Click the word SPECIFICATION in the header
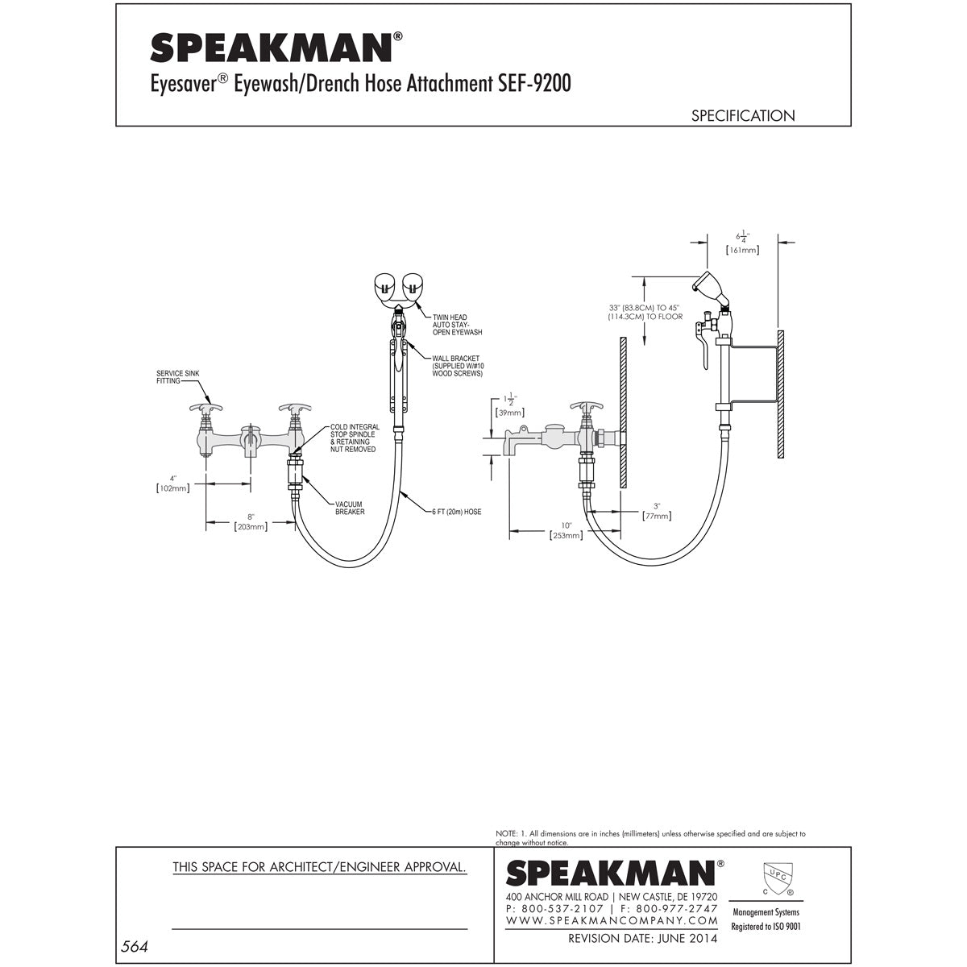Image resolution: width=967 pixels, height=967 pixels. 742,116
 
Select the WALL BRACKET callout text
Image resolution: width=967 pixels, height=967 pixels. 457,366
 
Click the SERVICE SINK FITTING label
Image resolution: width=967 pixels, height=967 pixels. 177,377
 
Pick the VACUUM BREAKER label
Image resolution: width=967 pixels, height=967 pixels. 351,508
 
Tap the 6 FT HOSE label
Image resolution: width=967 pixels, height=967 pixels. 455,512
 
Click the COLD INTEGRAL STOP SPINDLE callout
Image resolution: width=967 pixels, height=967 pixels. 351,437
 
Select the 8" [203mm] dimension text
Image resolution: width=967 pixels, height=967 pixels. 251,521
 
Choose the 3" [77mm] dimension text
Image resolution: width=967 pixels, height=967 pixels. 657,511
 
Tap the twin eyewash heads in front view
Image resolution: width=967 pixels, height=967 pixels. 400,286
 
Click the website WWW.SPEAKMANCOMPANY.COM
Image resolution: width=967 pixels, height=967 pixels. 612,919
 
